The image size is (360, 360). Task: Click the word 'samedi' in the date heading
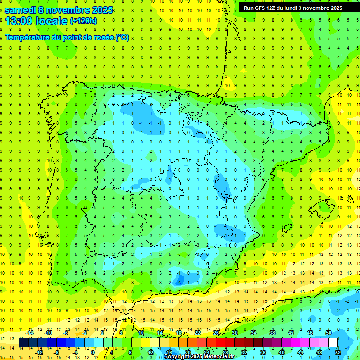point(21,9)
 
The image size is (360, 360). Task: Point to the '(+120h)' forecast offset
point(83,21)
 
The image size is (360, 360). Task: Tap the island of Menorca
point(347,199)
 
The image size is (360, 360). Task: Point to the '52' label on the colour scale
point(337,352)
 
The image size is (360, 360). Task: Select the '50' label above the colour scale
point(328,333)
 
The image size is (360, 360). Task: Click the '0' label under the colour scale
point(93,352)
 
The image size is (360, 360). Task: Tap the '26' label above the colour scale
point(216,333)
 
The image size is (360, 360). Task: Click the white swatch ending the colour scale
point(333,343)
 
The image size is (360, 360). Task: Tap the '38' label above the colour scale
point(272,333)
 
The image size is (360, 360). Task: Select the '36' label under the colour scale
point(262,352)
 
